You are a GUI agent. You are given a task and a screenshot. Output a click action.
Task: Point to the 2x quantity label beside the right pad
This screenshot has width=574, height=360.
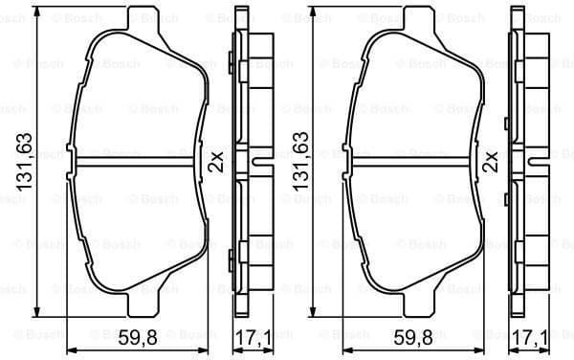pos(492,160)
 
